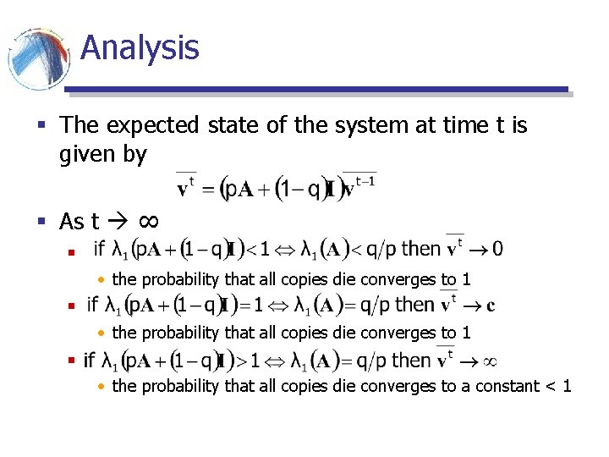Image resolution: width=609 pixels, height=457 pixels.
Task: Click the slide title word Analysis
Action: (x=140, y=47)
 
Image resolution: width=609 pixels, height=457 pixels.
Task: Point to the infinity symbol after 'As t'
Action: (x=147, y=222)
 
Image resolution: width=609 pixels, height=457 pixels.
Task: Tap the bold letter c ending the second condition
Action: (x=491, y=304)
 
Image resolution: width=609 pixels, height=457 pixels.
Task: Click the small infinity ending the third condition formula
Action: (x=488, y=361)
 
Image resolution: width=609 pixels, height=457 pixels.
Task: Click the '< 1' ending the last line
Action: (x=559, y=386)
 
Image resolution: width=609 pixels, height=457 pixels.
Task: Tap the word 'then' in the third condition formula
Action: (x=411, y=360)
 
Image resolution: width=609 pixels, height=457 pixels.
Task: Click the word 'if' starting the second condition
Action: (x=92, y=304)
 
